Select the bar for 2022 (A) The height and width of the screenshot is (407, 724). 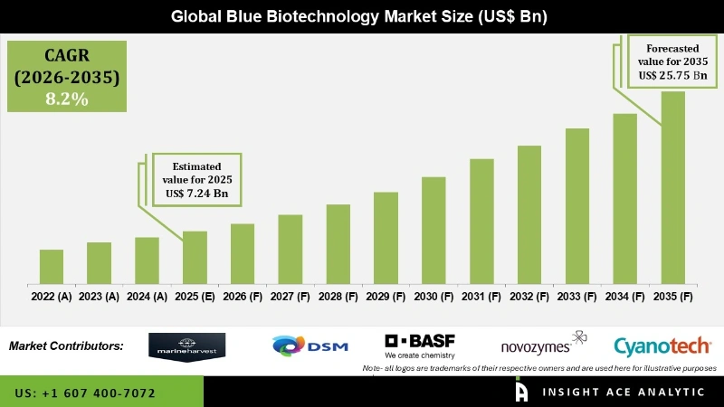point(52,266)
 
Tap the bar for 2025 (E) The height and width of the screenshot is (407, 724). point(195,257)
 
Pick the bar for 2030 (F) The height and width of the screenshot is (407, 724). point(433,230)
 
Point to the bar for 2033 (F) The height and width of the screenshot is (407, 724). point(577,205)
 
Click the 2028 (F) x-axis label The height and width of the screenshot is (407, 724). point(338,297)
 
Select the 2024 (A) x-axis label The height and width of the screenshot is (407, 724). point(147,297)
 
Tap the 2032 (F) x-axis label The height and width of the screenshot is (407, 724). point(529,297)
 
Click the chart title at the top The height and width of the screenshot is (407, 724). point(362,16)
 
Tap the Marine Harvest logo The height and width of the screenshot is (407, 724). point(187,345)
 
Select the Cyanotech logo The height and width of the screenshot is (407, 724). point(662,345)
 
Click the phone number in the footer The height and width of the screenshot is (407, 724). point(85,393)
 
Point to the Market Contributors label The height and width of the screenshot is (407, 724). point(66,346)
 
